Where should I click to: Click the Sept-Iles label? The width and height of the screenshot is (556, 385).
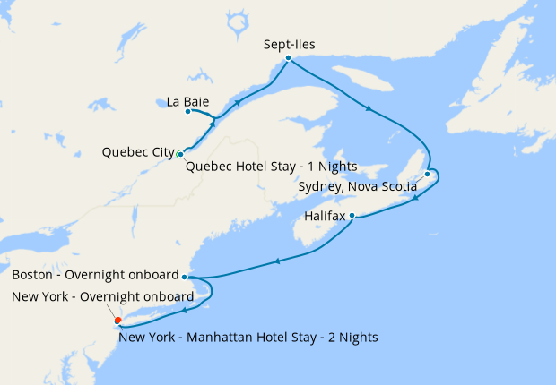291,43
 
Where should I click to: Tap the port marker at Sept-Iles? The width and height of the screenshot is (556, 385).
288,58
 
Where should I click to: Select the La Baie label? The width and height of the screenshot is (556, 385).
188,101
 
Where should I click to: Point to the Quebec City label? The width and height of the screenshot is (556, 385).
138,152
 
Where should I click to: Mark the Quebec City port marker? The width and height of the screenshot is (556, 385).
181,155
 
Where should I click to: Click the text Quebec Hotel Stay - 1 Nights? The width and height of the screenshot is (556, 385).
271,167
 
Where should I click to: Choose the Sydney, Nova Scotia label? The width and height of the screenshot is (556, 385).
357,186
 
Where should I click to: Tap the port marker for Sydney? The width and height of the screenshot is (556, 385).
428,174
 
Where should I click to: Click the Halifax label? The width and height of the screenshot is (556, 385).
326,216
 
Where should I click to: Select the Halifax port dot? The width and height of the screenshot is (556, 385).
352,216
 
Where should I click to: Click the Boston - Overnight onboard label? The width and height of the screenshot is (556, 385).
95,275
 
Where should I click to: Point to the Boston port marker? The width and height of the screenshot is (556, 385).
184,277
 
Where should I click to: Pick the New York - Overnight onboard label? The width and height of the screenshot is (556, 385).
102,296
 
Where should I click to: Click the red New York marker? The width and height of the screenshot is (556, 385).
117,320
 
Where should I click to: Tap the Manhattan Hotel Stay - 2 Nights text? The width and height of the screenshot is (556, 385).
248,338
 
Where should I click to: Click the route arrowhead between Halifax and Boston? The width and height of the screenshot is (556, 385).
277,261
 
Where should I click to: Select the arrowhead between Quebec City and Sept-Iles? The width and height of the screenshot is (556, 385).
238,103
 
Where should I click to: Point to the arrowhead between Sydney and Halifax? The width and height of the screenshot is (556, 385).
415,199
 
